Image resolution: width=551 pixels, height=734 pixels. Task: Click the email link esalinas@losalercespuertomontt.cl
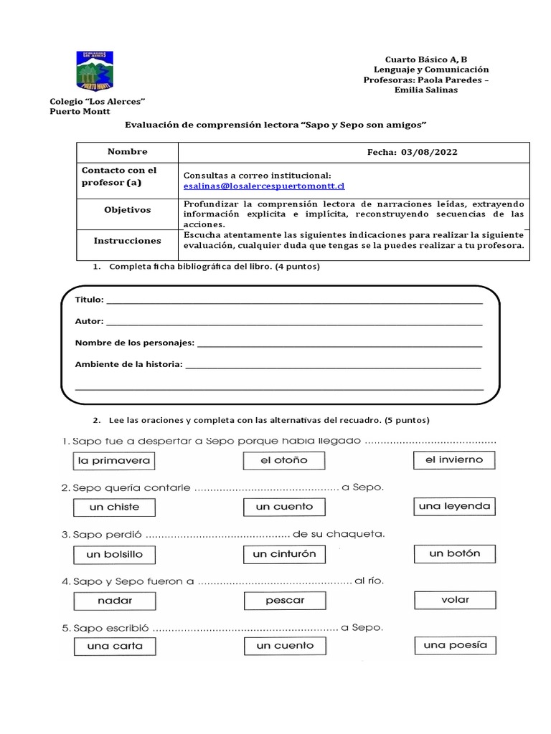pyautogui.click(x=264, y=186)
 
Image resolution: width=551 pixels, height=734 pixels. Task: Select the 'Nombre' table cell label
pyautogui.click(x=127, y=152)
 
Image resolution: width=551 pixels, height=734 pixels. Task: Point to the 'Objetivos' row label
pyautogui.click(x=127, y=210)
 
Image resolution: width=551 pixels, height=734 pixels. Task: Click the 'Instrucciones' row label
pyautogui.click(x=127, y=241)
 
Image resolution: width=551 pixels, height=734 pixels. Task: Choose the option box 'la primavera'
pyautogui.click(x=115, y=460)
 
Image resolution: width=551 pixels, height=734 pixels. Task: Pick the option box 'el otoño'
pyautogui.click(x=284, y=460)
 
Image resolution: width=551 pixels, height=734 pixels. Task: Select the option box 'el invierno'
pyautogui.click(x=454, y=459)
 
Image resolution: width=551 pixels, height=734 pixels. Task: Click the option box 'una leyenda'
pyautogui.click(x=454, y=506)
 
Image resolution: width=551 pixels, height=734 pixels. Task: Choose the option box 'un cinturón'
pyautogui.click(x=284, y=554)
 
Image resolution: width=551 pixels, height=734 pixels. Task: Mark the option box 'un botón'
pyautogui.click(x=454, y=553)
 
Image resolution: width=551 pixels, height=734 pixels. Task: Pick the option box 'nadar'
pyautogui.click(x=115, y=600)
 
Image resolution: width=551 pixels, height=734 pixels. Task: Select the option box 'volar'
pyautogui.click(x=454, y=599)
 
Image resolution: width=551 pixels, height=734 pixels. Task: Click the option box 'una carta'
pyautogui.click(x=115, y=646)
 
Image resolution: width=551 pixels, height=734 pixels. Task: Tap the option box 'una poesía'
pyautogui.click(x=454, y=645)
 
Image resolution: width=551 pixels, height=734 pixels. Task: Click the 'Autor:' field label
pyautogui.click(x=89, y=322)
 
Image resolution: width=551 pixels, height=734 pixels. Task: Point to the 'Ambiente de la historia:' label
pyautogui.click(x=128, y=365)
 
